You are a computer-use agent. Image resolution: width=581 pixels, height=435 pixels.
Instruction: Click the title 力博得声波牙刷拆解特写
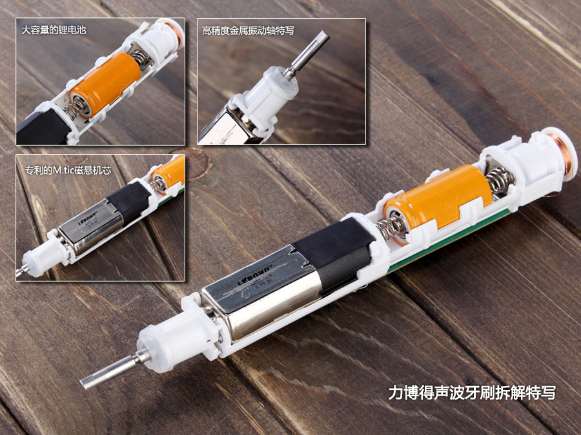(471, 392)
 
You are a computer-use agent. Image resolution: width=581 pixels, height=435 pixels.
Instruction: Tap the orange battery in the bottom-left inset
(170, 172)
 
